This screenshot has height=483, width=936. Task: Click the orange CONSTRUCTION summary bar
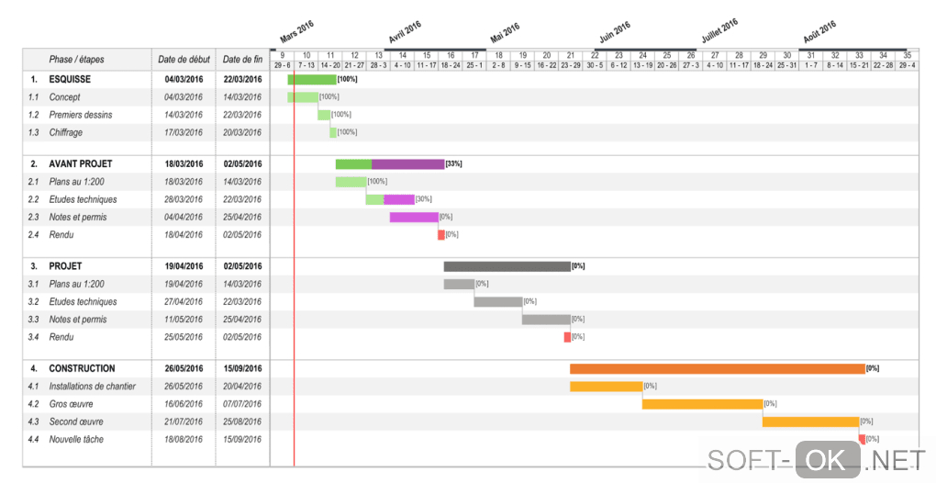(x=717, y=368)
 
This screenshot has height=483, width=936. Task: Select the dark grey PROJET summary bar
(x=507, y=266)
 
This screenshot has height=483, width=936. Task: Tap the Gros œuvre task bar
(x=702, y=404)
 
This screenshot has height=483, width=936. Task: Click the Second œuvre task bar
(x=810, y=421)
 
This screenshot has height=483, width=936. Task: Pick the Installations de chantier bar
(x=606, y=387)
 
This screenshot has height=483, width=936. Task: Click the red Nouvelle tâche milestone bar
(x=862, y=439)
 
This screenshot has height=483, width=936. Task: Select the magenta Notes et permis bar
(x=414, y=218)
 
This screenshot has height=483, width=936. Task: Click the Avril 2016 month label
(x=405, y=33)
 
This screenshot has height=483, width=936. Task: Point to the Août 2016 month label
(x=819, y=33)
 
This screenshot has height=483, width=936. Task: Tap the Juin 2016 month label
(x=615, y=33)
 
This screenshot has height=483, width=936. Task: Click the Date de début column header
(x=184, y=60)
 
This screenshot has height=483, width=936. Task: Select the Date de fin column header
(x=243, y=60)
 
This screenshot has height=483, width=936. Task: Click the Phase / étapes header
(x=76, y=60)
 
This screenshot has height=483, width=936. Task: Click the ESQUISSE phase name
(x=70, y=79)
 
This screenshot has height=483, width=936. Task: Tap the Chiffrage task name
(x=66, y=132)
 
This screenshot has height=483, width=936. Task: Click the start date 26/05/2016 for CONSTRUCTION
(x=184, y=368)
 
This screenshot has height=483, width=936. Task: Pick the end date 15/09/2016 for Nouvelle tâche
(x=243, y=439)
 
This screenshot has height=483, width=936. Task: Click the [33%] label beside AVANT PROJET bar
(x=453, y=163)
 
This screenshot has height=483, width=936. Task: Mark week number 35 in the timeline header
(x=907, y=55)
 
